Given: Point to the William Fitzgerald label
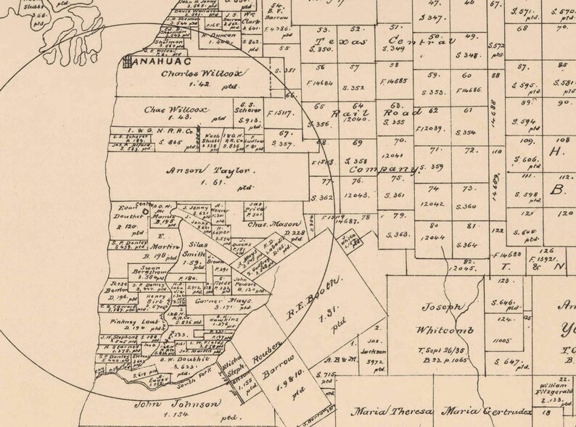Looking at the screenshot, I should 548,389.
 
